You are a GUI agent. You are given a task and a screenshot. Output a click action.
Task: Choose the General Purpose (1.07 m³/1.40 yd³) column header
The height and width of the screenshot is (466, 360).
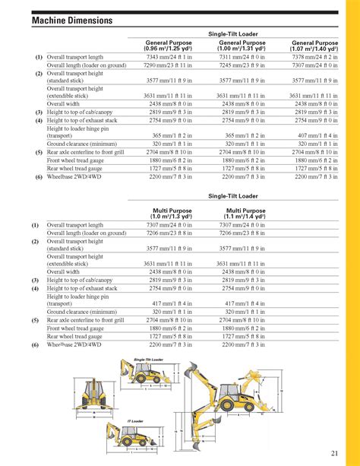click(314, 46)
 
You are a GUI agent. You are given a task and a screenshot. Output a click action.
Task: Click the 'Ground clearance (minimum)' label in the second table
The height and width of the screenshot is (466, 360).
click(79, 312)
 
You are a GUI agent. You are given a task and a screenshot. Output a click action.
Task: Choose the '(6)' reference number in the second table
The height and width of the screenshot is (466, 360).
click(36, 344)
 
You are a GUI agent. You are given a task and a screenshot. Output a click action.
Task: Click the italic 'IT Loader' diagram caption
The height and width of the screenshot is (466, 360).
click(135, 420)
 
